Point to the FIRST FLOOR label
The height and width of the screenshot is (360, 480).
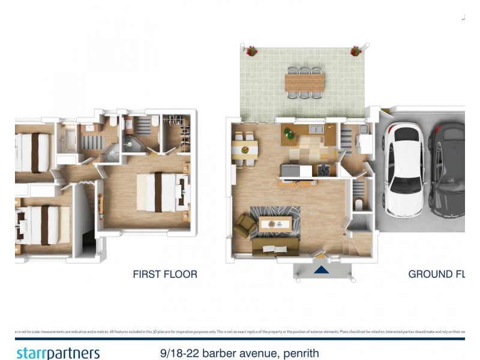(x=165, y=274)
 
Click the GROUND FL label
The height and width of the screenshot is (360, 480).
(x=436, y=274)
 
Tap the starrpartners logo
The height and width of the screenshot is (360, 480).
(x=58, y=353)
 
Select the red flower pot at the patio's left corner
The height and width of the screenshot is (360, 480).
(x=252, y=51)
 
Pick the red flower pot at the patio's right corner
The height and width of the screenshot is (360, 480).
(x=356, y=51)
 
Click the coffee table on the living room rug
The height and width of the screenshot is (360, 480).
(x=278, y=224)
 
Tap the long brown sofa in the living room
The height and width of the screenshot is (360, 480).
(x=276, y=248)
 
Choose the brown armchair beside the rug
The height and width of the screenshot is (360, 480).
(x=244, y=225)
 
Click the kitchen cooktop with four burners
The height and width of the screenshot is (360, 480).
(x=323, y=170)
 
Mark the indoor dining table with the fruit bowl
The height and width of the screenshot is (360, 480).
(x=244, y=149)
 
